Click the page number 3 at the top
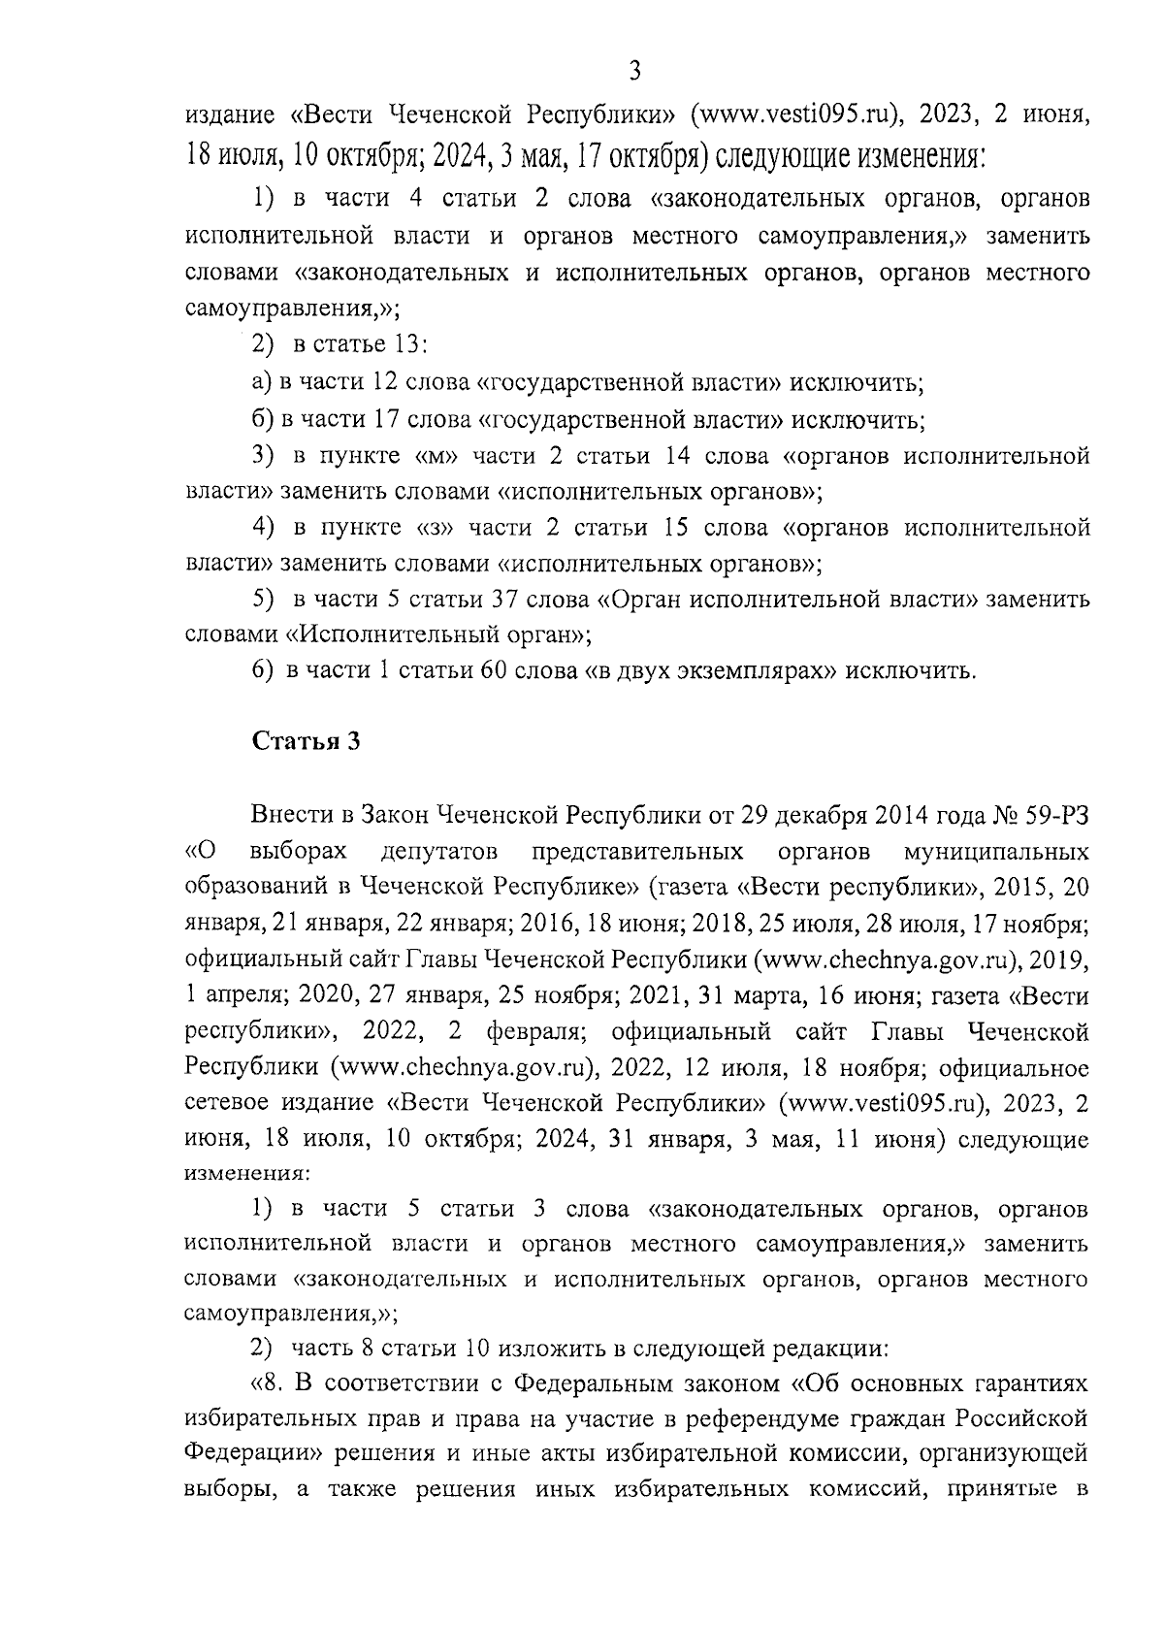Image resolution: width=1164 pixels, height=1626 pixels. point(634,71)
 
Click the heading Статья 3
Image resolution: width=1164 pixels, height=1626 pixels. point(307,742)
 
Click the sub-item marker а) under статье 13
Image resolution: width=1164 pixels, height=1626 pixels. point(261,383)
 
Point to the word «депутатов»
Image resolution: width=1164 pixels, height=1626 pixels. point(440,852)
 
